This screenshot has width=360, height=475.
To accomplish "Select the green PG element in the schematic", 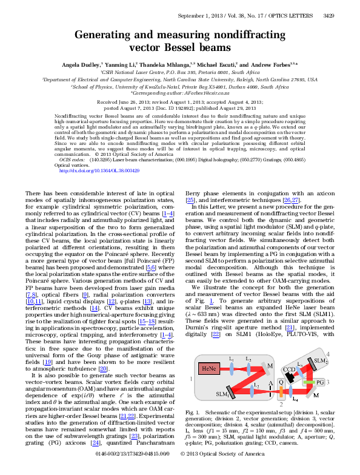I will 319,383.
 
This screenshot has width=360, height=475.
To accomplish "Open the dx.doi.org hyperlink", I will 99,170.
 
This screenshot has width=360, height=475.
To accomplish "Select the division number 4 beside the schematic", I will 345,353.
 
